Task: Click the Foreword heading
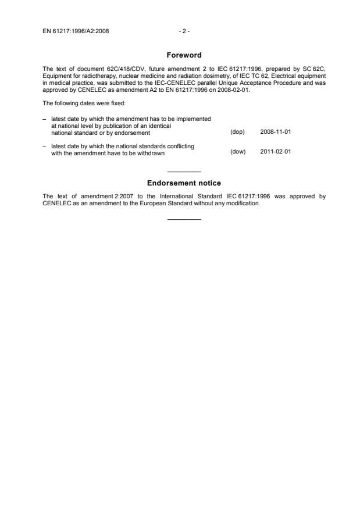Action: pyautogui.click(x=184, y=55)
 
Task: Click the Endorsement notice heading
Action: pyautogui.click(x=184, y=183)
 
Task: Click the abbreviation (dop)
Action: pyautogui.click(x=237, y=132)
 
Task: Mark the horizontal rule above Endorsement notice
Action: pyautogui.click(x=184, y=172)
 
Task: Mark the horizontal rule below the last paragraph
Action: pyautogui.click(x=184, y=219)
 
